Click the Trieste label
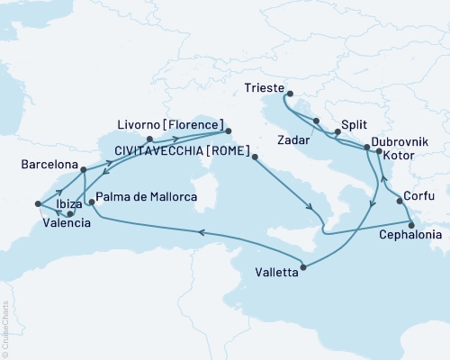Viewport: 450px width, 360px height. (x=264, y=89)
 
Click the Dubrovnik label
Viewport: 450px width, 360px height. (x=399, y=142)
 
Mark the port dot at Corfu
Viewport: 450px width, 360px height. (x=400, y=202)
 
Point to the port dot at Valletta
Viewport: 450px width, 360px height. (x=306, y=267)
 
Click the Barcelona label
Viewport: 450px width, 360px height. (x=47, y=166)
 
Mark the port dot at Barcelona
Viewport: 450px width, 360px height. (x=82, y=169)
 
